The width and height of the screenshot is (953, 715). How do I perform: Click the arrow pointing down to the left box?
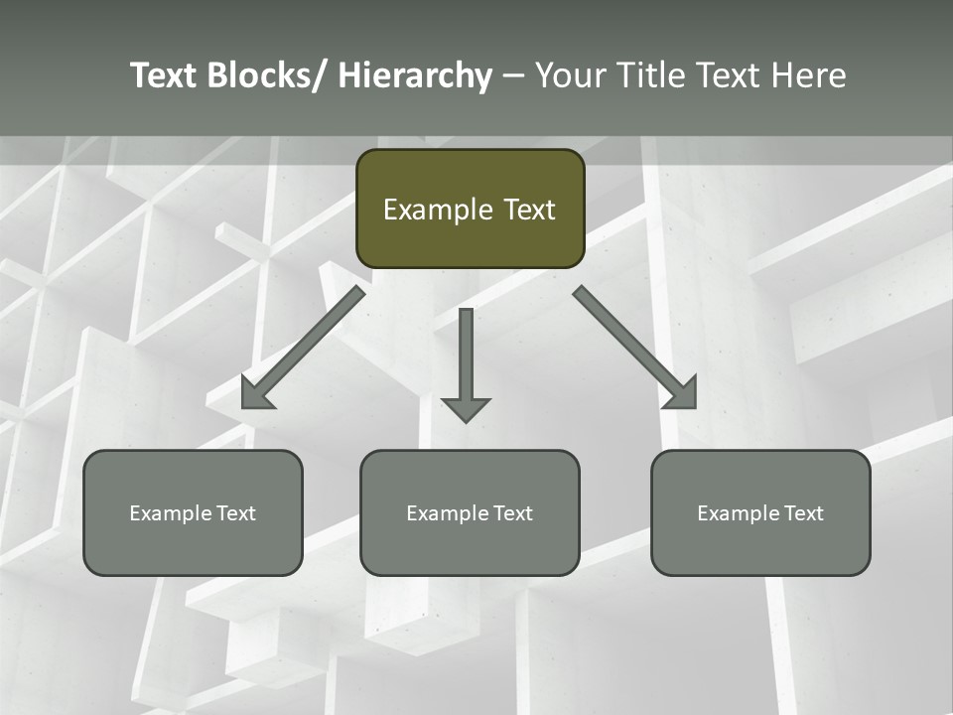pos(303,348)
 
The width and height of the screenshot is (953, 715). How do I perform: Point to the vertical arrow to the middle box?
pos(466,353)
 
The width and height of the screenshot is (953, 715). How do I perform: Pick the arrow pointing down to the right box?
pos(635,348)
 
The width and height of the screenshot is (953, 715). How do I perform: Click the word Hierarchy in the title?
pos(415,75)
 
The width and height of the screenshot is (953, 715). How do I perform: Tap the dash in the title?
pos(513,76)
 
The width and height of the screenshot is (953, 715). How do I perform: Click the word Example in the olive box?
pos(437,211)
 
